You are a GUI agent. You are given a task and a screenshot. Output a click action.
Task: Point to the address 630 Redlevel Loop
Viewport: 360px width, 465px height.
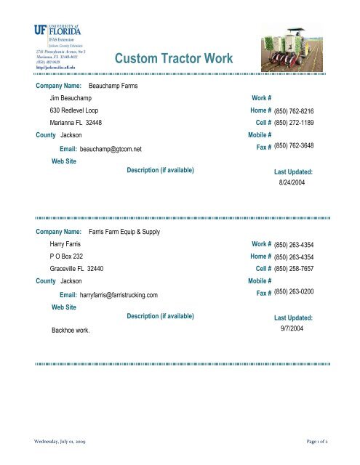click(x=76, y=110)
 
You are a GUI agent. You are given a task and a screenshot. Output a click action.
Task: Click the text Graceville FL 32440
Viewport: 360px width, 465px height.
click(x=76, y=269)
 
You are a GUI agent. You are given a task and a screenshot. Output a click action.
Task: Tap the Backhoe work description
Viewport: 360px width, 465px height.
click(x=71, y=330)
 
